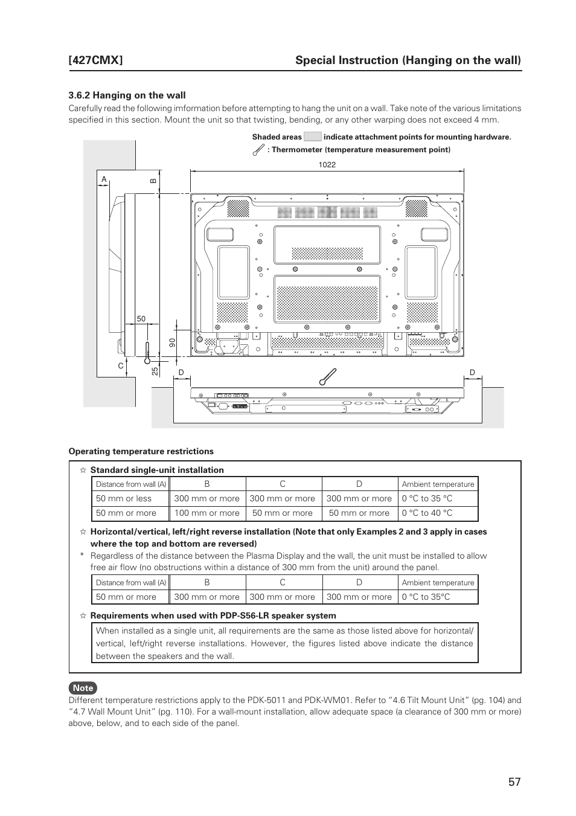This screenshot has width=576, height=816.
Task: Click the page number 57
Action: tap(514, 782)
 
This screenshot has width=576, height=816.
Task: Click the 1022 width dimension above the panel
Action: tap(327, 165)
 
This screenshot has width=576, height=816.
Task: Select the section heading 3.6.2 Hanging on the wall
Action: tap(127, 95)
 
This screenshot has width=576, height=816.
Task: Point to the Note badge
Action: tap(83, 688)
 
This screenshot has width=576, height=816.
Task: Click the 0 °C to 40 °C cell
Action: tap(427, 513)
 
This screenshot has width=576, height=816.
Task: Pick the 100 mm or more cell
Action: tap(206, 513)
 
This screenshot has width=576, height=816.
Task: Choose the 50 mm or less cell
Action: tap(124, 499)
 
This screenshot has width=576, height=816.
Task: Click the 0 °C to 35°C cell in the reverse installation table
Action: tap(426, 597)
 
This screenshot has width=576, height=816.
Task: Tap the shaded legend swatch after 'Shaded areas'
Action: tap(312, 137)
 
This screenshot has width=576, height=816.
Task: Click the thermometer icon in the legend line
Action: tap(258, 149)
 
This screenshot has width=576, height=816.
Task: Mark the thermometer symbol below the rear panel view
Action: tap(328, 377)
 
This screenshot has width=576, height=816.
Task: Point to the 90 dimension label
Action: tap(172, 342)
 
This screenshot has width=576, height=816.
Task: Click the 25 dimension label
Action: tap(155, 371)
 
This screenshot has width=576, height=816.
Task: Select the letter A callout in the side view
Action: tap(104, 179)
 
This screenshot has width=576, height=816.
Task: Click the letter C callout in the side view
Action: tap(121, 366)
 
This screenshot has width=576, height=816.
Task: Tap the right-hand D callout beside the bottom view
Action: tap(472, 373)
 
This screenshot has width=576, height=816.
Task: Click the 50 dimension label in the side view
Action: tap(141, 319)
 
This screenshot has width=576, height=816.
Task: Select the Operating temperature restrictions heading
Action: tap(141, 452)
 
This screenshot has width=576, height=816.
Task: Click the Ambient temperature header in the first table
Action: tap(438, 484)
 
